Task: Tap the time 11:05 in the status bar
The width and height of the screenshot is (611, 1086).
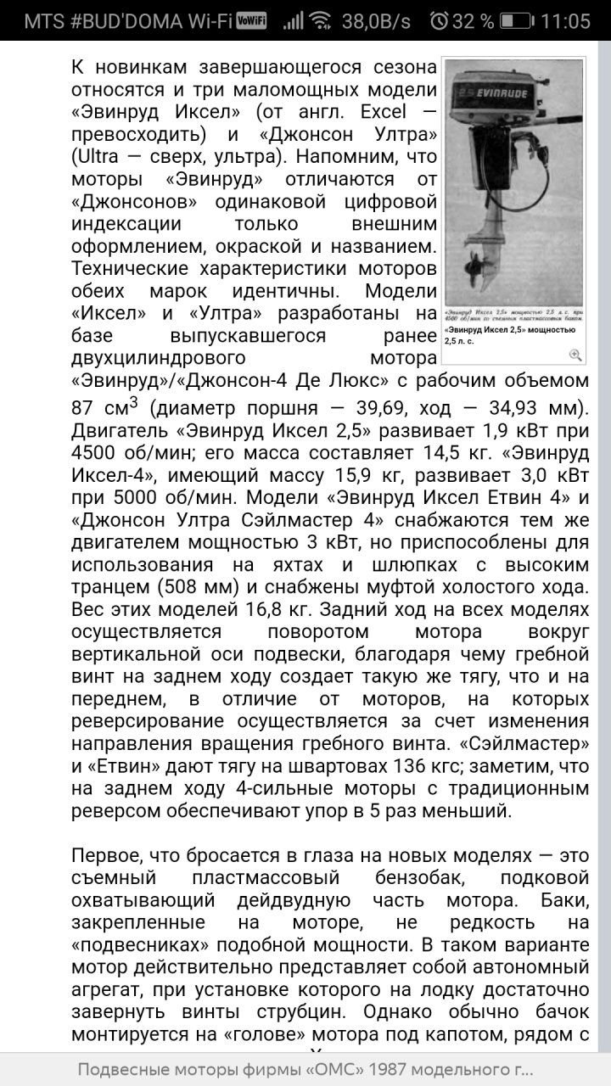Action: (x=564, y=20)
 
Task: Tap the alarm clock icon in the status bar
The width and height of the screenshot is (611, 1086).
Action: (x=439, y=20)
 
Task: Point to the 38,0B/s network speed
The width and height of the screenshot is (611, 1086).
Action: (x=376, y=20)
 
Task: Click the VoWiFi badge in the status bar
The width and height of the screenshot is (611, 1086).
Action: (x=251, y=20)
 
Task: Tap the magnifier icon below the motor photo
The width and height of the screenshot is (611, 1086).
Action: (x=575, y=355)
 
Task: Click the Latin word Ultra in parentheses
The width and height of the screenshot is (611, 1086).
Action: (x=98, y=156)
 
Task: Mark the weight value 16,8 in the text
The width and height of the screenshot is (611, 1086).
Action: (x=281, y=609)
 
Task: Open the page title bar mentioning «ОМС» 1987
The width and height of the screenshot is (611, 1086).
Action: (x=305, y=1070)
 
